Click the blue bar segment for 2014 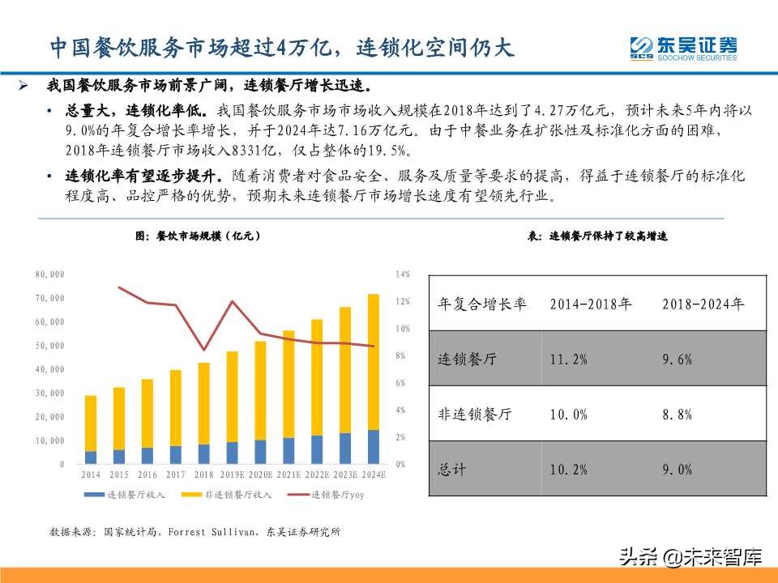pos(91,457)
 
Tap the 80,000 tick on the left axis pos(49,275)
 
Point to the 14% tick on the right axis pos(403,275)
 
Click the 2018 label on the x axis pos(203,476)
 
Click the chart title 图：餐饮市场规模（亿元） pos(198,236)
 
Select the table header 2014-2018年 pos(591,304)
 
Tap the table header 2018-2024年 pos(703,304)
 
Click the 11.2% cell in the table pos(568,360)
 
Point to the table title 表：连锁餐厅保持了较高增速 pos(597,236)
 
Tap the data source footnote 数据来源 pos(194,532)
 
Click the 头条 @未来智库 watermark pos(690,556)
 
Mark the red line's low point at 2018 pos(203,350)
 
